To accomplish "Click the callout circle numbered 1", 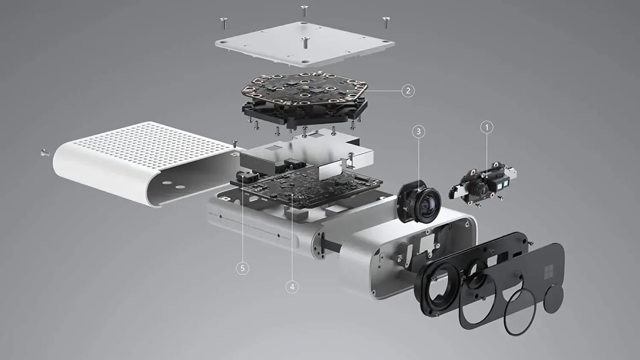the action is coord(487,127).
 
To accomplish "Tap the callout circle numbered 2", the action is coord(408,91).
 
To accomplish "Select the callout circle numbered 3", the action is coord(419,131).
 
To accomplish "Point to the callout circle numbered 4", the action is coord(292,287).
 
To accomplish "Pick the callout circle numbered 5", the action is coord(243,268).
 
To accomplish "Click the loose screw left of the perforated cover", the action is coord(45,153).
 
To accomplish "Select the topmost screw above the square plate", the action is coord(305,11).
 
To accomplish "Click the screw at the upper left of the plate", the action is coord(224,23).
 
